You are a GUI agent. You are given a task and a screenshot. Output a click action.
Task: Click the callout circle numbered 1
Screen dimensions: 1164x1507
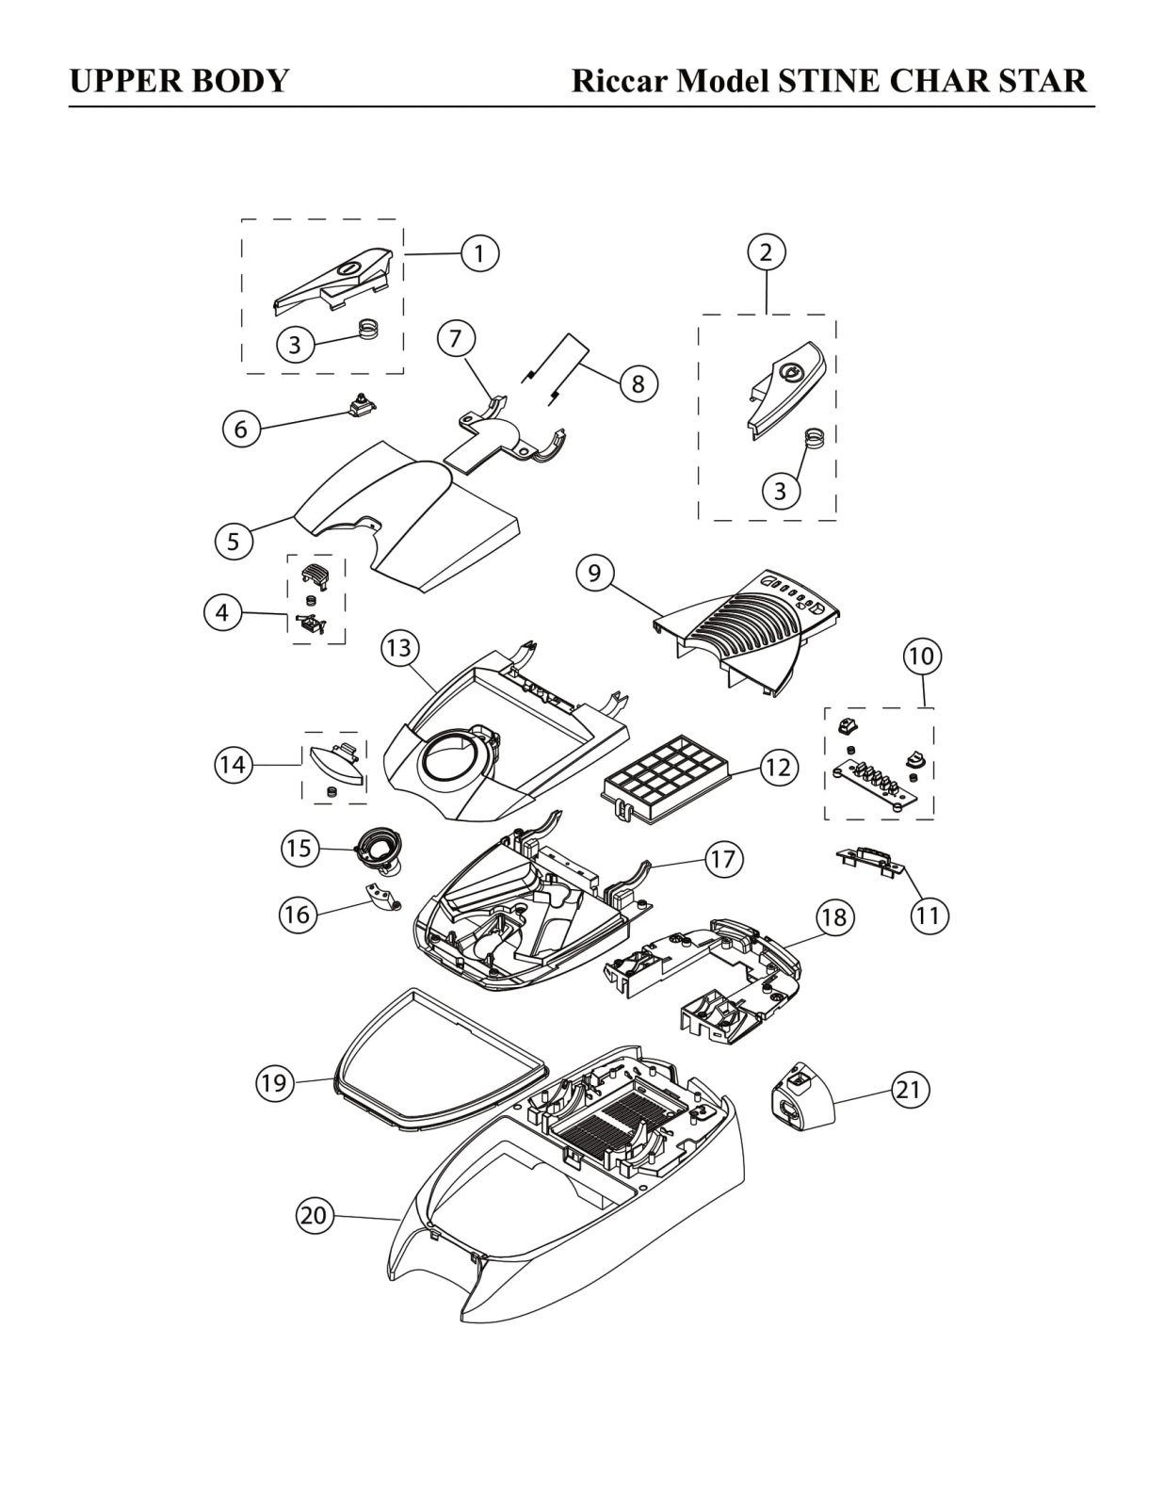click(479, 253)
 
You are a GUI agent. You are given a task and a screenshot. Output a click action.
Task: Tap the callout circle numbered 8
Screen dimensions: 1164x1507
click(638, 382)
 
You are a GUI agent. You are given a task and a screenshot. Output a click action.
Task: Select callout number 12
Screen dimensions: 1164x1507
click(779, 767)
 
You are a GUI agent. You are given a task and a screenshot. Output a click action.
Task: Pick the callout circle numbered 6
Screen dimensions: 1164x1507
click(240, 429)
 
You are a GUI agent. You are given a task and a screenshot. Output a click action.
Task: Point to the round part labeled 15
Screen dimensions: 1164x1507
click(380, 852)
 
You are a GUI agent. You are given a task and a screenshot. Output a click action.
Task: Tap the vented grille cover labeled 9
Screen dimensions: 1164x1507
click(749, 631)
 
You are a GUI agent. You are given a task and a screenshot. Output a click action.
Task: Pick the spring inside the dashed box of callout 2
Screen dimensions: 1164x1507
click(816, 439)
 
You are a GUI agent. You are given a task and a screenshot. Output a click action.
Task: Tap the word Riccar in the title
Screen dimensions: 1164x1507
click(620, 81)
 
